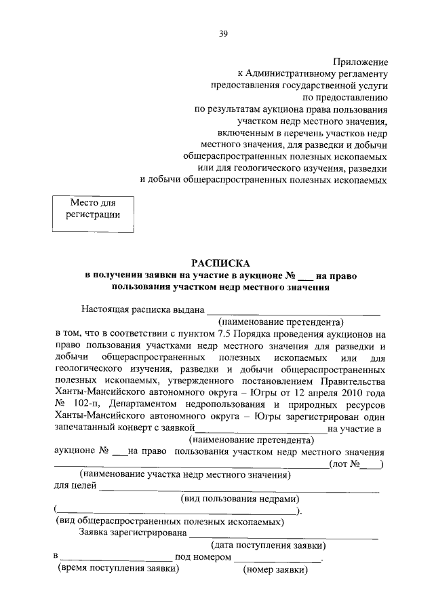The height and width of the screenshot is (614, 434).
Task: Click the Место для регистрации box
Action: (x=93, y=209)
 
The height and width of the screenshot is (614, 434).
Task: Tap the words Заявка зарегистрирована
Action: (x=133, y=533)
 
